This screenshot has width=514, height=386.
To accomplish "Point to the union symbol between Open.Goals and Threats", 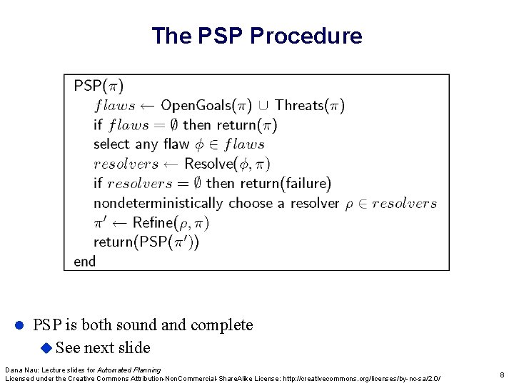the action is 263,106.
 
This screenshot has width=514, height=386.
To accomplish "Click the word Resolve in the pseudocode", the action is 208,164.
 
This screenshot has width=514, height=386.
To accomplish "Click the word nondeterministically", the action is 158,203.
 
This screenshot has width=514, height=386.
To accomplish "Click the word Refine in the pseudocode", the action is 153,222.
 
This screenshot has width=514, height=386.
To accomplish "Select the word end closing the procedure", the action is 84,262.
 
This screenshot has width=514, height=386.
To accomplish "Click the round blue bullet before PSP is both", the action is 20,325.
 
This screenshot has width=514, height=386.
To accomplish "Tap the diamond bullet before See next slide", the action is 46,348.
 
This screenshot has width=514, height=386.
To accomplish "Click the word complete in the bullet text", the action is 220,325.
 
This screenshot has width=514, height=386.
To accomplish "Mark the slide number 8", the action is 502,374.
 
